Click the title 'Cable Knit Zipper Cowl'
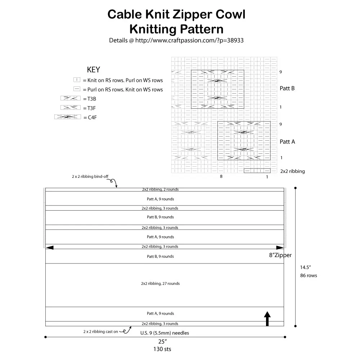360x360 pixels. pos(176,15)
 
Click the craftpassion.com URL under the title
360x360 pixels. pos(176,40)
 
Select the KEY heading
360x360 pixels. pos(93,69)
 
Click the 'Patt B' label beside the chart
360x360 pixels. pos(287,88)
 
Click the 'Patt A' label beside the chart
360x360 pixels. pos(287,142)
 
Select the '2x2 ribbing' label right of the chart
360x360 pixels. pos(292,171)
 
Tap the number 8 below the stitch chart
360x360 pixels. pos(221,177)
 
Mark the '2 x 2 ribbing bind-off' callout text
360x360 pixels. pos(90,177)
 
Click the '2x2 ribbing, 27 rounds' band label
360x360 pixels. pos(160,284)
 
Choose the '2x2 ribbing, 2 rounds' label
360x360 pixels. pos(160,189)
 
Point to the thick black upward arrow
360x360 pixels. pos(267,319)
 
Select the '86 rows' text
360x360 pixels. pos(308,276)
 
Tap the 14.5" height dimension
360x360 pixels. pos(305,267)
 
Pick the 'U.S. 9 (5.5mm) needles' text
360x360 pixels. pos(165,333)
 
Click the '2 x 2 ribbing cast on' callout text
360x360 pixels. pos(100,332)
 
